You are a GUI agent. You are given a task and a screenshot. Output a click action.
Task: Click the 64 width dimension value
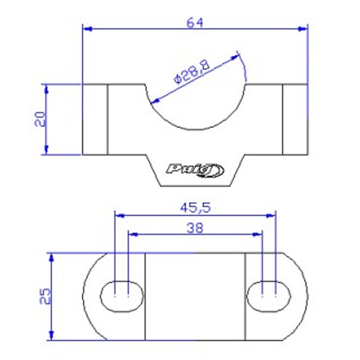click(195, 22)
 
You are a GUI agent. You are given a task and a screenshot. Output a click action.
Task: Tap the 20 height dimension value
click(40, 119)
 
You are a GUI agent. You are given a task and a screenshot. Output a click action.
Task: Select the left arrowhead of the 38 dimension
click(132, 233)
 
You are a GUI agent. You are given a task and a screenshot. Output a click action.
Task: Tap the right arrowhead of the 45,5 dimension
click(273, 214)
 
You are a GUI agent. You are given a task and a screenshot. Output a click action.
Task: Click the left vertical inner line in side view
click(107, 119)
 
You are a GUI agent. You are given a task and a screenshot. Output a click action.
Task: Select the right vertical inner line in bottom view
click(245, 296)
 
